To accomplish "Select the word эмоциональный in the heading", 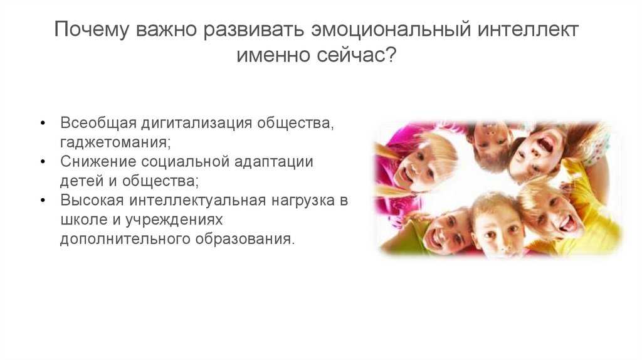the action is (x=390, y=30).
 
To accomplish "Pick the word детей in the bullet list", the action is (x=82, y=181).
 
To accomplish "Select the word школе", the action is (x=84, y=220).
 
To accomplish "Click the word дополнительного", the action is (x=125, y=240).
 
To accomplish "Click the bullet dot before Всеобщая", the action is (x=43, y=124).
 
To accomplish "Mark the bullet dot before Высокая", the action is (x=43, y=201).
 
